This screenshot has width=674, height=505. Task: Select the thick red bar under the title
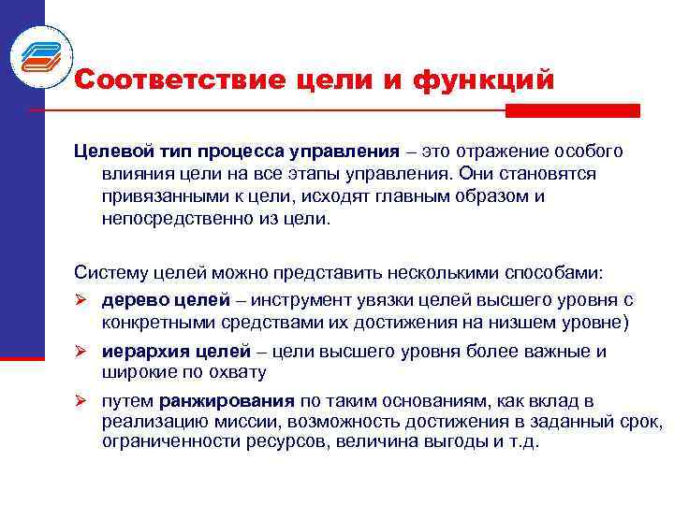click(572, 110)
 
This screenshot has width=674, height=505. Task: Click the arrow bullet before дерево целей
click(81, 300)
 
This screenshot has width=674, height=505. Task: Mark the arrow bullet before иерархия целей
click(81, 352)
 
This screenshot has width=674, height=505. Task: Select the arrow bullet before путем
click(81, 401)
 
